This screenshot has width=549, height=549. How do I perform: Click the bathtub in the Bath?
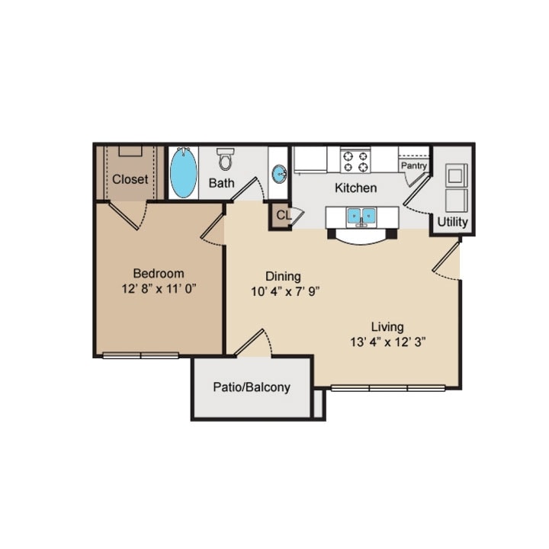(184, 172)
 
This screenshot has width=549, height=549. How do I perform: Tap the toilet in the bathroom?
(226, 159)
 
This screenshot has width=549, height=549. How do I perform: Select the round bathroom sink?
(279, 174)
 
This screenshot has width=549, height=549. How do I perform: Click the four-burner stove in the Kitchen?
(355, 161)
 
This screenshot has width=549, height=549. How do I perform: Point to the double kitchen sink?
(361, 217)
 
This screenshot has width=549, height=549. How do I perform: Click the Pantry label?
(414, 165)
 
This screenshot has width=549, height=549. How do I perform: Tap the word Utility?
(452, 222)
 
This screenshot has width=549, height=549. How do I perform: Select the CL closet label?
(284, 215)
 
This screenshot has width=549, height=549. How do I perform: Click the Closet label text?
(130, 179)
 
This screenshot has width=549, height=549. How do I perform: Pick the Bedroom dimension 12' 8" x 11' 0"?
(159, 289)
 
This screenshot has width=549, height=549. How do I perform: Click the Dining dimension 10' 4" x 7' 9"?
(285, 291)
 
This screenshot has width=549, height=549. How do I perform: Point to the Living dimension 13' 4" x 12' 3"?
(388, 342)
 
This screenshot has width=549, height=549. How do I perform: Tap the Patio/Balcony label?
(252, 387)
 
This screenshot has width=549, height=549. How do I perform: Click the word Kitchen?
(356, 188)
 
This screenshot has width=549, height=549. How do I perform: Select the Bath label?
(221, 183)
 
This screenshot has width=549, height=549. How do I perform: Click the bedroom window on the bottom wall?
(141, 356)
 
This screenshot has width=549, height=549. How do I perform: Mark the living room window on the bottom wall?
(388, 388)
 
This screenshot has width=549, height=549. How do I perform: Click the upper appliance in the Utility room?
(456, 175)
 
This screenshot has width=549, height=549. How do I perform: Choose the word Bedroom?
(159, 274)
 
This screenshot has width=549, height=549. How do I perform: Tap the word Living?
(387, 327)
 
